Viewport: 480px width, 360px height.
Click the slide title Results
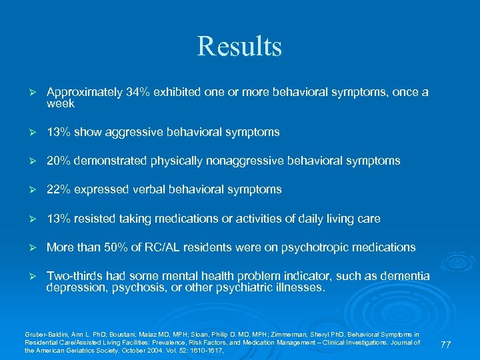[239, 47]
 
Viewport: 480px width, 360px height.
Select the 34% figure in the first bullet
[136, 93]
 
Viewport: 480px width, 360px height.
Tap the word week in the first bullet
[60, 104]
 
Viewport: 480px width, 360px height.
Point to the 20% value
[58, 161]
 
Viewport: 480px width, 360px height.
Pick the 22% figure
[58, 190]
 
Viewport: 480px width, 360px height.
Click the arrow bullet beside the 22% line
[29, 190]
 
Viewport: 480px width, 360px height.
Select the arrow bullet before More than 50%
[29, 247]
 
